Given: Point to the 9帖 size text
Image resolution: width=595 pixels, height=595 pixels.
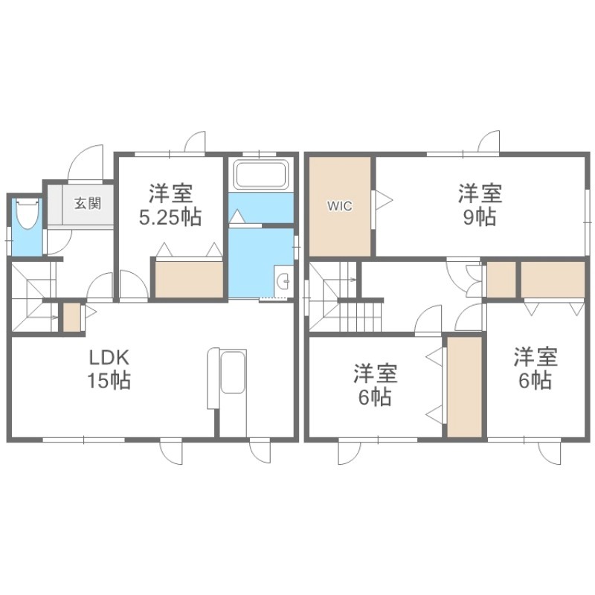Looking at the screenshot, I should coord(480,218).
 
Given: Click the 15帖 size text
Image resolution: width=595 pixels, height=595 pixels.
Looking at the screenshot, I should coord(109,382).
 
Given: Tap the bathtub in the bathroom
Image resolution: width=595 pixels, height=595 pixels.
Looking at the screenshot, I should coord(260,176).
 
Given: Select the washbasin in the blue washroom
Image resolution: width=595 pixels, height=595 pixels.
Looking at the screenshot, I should coord(283,280).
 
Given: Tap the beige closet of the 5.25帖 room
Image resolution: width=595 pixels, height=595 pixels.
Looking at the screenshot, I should coord(189,279).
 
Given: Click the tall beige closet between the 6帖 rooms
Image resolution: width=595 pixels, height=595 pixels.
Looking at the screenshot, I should coord(466,387).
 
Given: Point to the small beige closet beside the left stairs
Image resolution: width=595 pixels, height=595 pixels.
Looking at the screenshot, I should coord(71,316).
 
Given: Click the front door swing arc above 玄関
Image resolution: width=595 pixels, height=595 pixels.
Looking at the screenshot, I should coord(86,162).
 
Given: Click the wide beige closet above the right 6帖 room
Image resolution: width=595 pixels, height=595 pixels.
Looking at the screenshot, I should coord(551,280).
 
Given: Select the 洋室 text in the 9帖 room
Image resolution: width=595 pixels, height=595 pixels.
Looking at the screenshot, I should coord(480,194).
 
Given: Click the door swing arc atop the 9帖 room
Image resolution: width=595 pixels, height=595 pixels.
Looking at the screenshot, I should coord(489,141).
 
